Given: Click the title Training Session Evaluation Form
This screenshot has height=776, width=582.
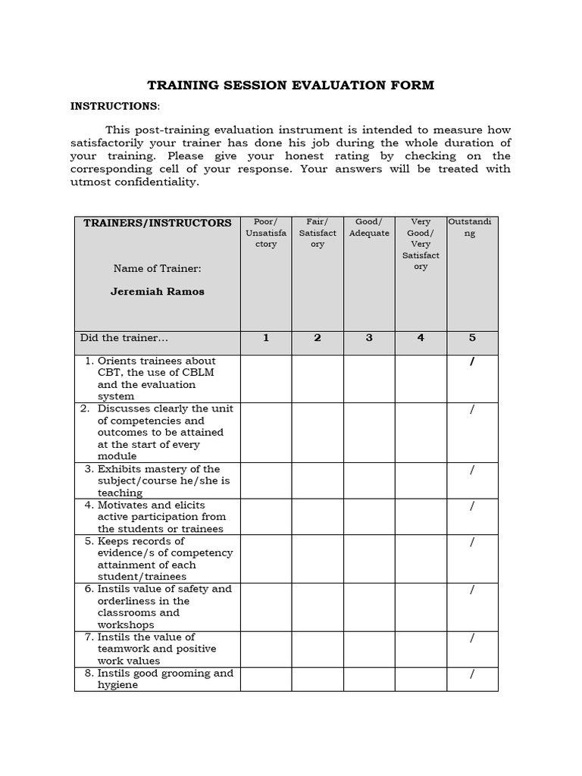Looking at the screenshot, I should coord(290,85).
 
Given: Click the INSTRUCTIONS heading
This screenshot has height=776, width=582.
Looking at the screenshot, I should coord(114,106).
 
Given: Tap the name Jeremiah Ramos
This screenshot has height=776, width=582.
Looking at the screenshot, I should coord(158,291).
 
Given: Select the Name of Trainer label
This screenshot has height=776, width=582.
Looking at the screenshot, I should coord(158,268).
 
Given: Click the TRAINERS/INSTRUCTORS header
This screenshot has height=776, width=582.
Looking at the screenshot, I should coord(157,223).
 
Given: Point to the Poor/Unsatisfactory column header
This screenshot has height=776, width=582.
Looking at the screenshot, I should coord(266,233).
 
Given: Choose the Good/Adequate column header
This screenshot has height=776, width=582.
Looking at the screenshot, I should coord(369,227).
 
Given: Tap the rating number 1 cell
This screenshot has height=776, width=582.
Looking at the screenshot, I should coord(266,338).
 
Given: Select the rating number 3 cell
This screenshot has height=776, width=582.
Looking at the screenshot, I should coord(369,338).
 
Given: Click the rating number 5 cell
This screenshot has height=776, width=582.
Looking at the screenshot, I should coord(472,338).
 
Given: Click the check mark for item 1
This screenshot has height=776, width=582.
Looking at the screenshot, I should coord(472,361).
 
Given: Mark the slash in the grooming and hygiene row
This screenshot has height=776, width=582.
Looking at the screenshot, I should coord(472,674).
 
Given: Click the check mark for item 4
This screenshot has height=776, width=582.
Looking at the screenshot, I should coord(472,506).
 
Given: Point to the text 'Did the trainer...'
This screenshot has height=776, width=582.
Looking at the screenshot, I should coord(124,338).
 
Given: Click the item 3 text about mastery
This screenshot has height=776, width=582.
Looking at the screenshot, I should coord(164,480).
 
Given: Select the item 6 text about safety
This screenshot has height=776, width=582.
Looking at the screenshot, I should coord(164,606).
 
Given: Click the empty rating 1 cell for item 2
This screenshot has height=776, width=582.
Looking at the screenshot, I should coord(266,432).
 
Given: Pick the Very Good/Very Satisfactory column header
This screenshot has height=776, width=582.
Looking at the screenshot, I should coord(421,244).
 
